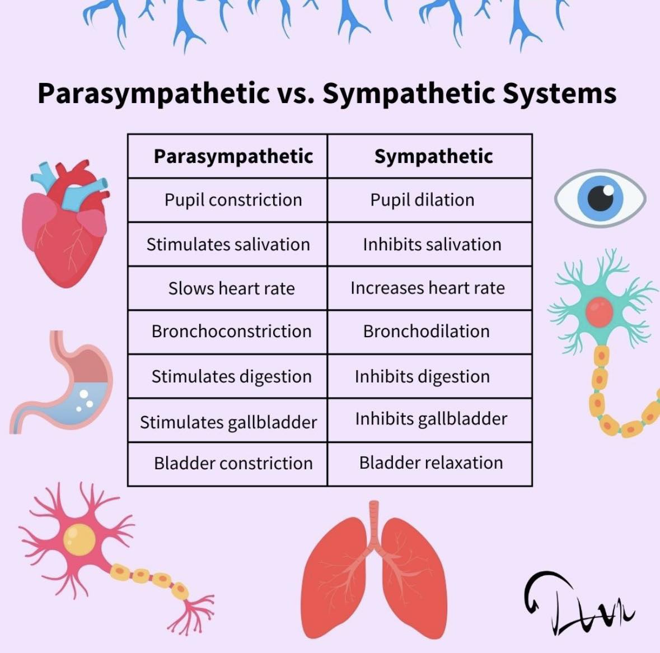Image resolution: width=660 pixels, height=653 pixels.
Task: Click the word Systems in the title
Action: [x=559, y=94]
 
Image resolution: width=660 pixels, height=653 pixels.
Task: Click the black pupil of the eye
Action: [x=600, y=198]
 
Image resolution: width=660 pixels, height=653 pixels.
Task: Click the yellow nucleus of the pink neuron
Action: [x=79, y=539]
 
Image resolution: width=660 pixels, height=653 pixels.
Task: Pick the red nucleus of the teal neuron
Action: [x=599, y=312]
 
